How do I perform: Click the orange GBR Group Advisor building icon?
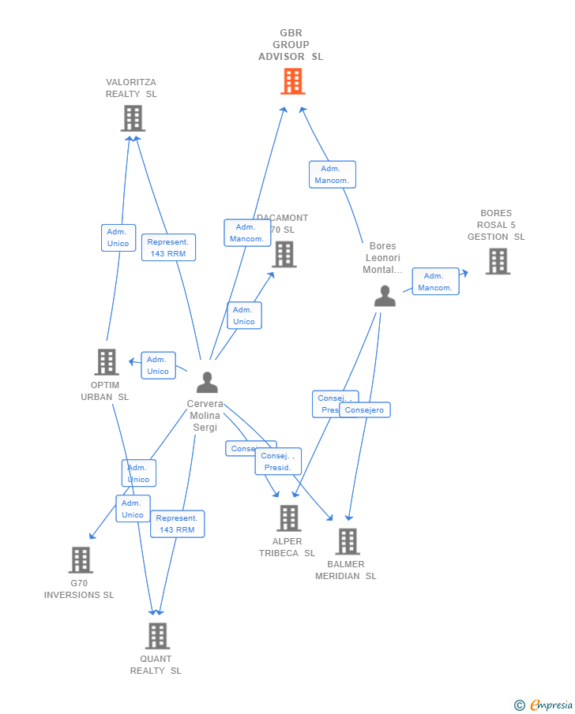point(292,80)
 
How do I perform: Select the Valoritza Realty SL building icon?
point(133,118)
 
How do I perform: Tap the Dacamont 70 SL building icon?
point(284,254)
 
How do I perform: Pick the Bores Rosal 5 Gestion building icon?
point(498,261)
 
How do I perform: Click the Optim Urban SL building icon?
point(107,362)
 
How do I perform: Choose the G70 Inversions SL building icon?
point(81,560)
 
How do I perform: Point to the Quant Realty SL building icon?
point(158,636)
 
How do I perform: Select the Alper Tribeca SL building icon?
point(289,518)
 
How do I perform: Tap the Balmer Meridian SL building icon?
point(348,542)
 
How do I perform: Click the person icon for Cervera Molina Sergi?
point(207,383)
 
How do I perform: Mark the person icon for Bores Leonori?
point(385,296)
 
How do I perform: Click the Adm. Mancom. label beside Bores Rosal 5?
point(435,282)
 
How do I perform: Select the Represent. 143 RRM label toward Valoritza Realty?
point(168,248)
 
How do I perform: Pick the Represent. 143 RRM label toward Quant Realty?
point(177,524)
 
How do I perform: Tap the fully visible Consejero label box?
point(364,410)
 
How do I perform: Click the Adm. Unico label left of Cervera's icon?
point(158,365)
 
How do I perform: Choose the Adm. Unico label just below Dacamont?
point(244,316)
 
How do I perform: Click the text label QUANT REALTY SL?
point(156,665)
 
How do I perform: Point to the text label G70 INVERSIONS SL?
point(79,589)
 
